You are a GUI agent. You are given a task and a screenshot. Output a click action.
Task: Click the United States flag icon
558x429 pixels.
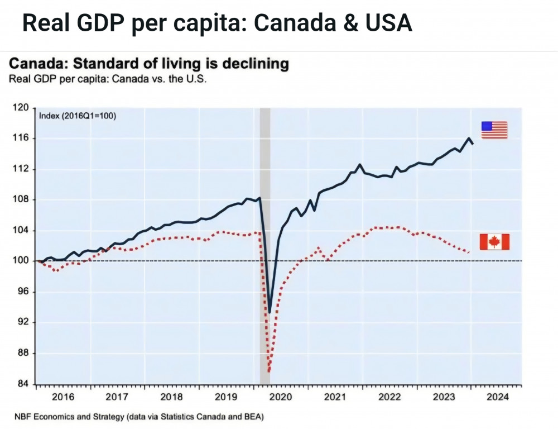click(494, 130)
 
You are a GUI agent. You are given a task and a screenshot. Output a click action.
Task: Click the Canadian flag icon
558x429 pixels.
click(494, 242)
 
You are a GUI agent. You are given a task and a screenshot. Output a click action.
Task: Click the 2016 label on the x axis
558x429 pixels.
click(62, 397)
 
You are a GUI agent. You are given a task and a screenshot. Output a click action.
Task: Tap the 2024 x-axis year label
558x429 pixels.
click(497, 397)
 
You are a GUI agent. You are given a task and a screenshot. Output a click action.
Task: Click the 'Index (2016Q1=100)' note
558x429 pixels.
click(78, 116)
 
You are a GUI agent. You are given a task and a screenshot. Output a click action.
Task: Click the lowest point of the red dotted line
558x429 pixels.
click(269, 371)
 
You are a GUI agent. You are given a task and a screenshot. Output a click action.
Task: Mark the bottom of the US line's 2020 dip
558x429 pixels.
click(270, 312)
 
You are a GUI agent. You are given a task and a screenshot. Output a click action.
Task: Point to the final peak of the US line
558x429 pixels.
click(469, 138)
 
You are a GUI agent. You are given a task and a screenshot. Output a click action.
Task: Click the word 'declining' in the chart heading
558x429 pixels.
click(256, 64)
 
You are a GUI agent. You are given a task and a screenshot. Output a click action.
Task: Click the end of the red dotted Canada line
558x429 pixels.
click(468, 252)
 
